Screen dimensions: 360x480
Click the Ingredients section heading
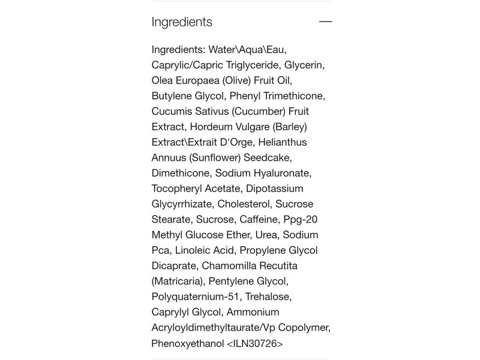[182, 22]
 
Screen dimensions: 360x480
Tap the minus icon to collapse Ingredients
[325, 22]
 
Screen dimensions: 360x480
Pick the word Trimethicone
[294, 96]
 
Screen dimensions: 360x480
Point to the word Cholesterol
[245, 205]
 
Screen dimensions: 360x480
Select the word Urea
[266, 235]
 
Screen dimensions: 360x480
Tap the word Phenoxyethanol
[188, 344]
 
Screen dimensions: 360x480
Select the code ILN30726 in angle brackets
[255, 344]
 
